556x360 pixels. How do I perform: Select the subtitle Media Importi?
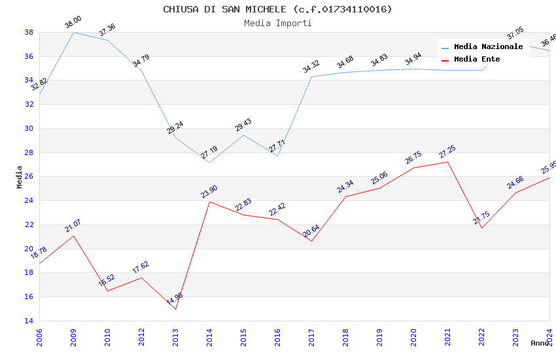[277, 24]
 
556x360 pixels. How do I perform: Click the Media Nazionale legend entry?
[488, 47]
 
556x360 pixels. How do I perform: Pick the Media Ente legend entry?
[477, 60]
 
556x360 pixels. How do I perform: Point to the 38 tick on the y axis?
[29, 32]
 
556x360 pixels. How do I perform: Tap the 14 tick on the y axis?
[29, 321]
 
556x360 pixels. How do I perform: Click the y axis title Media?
[20, 177]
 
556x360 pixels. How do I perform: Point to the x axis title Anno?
[540, 343]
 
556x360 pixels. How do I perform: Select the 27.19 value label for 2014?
[209, 153]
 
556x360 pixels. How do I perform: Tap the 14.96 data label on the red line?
[175, 300]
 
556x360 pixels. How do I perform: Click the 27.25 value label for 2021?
[447, 153]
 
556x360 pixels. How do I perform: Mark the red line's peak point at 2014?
[209, 202]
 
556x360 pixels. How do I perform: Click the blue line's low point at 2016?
[277, 156]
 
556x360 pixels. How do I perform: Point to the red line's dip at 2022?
[481, 228]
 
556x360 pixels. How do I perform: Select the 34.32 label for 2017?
[311, 67]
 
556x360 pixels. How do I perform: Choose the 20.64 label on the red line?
[311, 232]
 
